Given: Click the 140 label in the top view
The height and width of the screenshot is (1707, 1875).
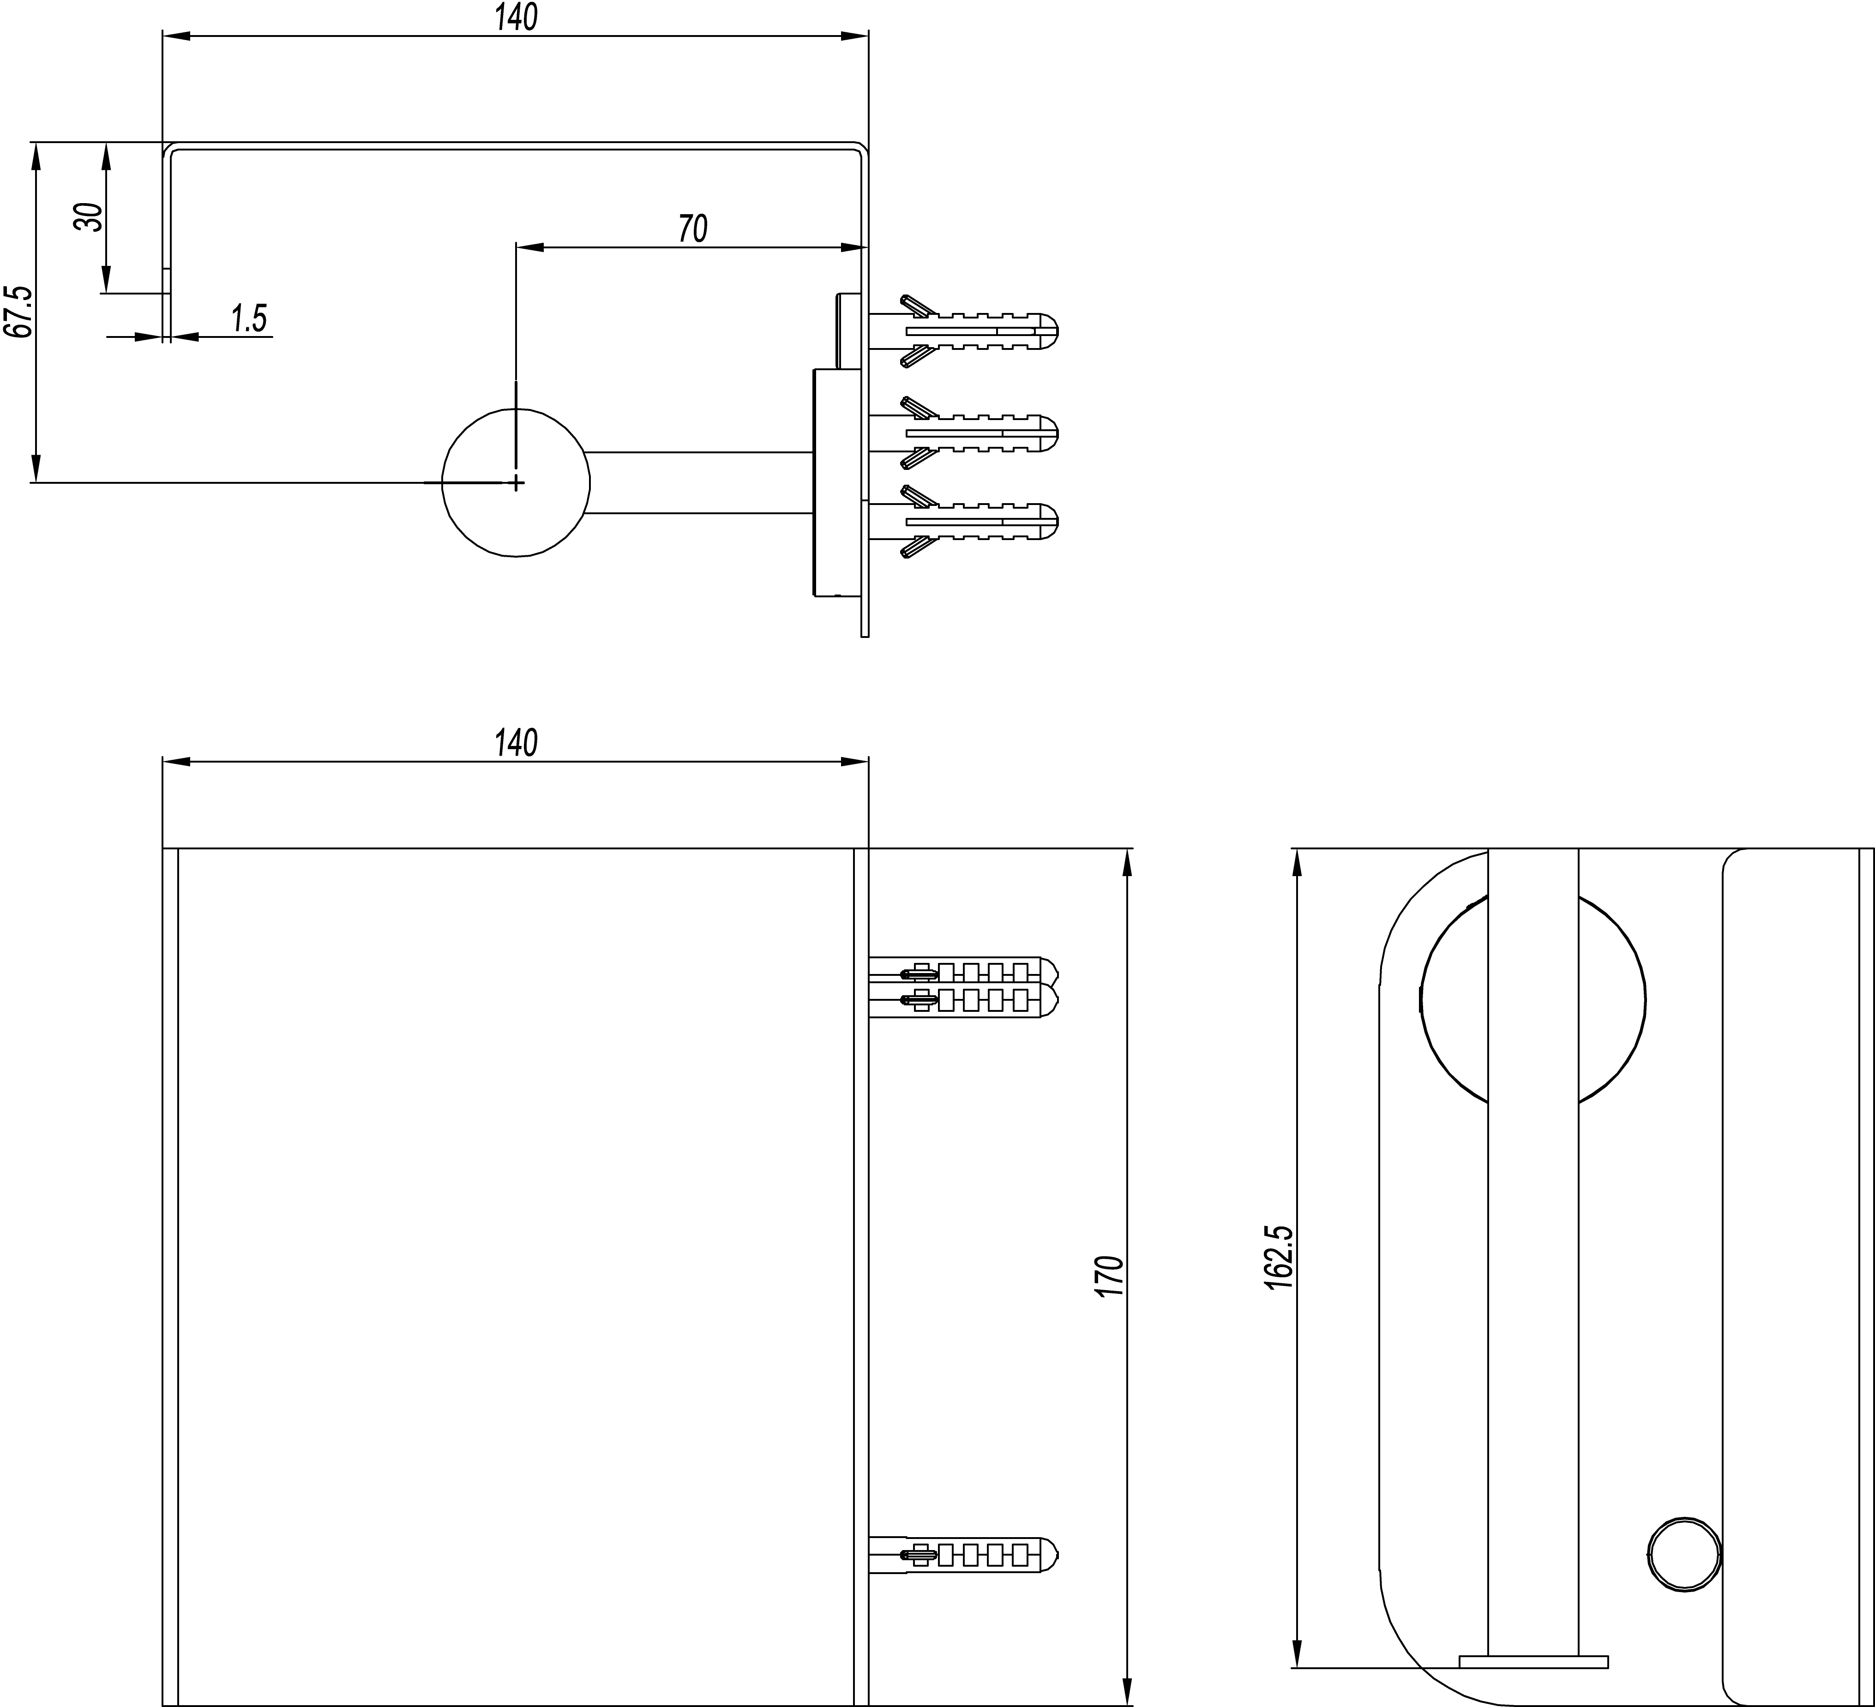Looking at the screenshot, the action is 516,17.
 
